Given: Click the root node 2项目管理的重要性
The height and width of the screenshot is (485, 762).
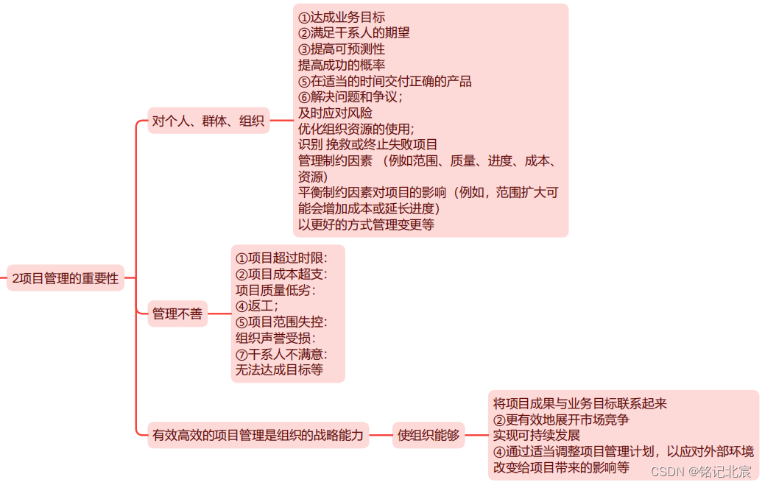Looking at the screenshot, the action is pos(66,278).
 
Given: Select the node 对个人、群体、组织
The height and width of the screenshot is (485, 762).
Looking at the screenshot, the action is pos(208,121).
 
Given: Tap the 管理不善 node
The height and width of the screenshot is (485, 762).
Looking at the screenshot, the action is pos(177,314).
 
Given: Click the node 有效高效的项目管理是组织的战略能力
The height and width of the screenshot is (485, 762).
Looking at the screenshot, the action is pos(258,435).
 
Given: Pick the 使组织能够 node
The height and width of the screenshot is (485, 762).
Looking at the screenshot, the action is pos(428,435).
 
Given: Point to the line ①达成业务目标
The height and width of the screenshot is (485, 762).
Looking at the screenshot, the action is pos(341,17).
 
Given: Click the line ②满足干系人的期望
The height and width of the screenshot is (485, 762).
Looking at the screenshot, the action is pos(353,33).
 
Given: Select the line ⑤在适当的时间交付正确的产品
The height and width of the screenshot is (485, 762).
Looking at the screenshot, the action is pos(384,81).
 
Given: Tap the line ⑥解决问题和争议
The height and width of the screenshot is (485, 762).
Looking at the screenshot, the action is pos(350,97).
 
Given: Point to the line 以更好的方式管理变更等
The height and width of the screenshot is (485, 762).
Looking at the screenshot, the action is pos(366,224).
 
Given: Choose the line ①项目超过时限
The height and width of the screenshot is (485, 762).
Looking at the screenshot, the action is pos(281,258).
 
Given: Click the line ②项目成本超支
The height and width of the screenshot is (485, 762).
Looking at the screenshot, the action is pos(281,275).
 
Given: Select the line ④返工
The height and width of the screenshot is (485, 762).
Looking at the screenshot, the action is pos(257,306).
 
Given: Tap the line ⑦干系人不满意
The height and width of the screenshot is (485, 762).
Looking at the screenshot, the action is pos(281,354).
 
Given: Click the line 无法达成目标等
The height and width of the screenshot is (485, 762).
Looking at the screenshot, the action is pos(279,370).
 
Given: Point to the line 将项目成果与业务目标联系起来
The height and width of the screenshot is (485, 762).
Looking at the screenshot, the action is pos(580,404).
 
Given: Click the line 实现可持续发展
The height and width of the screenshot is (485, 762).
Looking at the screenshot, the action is pos(537,436).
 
